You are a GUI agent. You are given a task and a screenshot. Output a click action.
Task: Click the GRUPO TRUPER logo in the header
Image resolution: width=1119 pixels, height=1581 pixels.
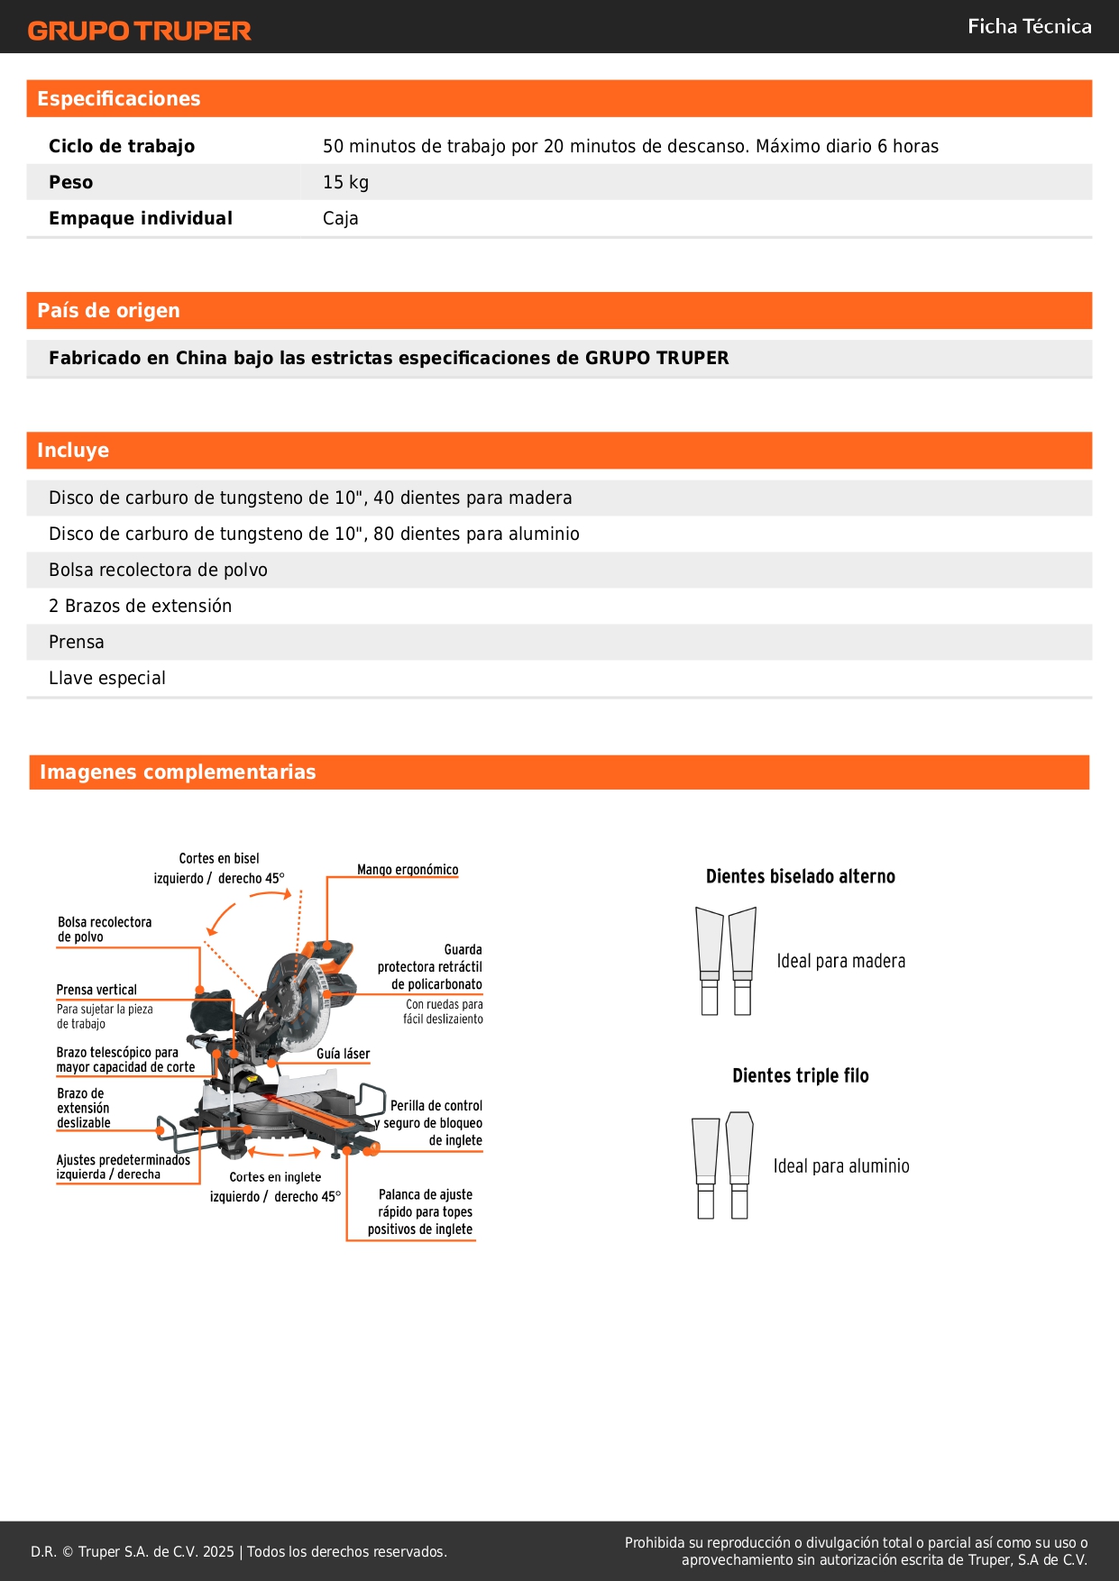(x=139, y=31)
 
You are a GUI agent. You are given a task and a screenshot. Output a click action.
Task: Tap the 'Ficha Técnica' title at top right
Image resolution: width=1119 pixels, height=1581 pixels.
(x=1029, y=27)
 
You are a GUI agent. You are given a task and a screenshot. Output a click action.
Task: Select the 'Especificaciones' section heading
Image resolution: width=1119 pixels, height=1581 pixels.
(x=119, y=99)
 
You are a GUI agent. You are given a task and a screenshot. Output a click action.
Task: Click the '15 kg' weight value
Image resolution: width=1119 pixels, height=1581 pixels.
(x=345, y=182)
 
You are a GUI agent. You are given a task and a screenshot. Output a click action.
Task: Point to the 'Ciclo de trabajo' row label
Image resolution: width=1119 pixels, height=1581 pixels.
(x=122, y=146)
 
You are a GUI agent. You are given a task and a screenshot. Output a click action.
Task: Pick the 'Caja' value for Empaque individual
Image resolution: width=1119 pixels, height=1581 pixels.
(x=340, y=218)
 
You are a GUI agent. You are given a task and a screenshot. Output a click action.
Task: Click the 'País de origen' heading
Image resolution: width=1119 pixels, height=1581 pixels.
(x=108, y=311)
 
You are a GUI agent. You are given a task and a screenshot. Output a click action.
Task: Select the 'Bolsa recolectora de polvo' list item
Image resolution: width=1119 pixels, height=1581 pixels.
(x=158, y=570)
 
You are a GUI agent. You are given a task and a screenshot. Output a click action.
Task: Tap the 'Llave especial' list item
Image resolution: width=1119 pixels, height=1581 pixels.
(x=107, y=678)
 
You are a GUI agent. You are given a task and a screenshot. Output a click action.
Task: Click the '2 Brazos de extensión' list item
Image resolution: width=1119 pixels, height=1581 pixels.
(x=140, y=606)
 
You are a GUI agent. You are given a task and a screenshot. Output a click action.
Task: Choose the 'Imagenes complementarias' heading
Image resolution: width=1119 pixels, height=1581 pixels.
(x=178, y=772)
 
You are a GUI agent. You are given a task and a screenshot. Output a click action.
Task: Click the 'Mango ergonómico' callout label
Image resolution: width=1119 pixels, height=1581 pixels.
(x=408, y=870)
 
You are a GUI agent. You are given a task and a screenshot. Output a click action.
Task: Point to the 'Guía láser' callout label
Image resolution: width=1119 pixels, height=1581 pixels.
(x=343, y=1054)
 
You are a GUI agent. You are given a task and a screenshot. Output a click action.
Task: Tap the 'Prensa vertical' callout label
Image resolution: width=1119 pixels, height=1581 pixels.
(x=96, y=990)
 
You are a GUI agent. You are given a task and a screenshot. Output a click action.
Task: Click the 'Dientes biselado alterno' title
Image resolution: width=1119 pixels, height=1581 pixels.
(x=800, y=876)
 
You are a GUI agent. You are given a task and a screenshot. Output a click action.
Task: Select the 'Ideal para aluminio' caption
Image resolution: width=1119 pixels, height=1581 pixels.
(x=840, y=1166)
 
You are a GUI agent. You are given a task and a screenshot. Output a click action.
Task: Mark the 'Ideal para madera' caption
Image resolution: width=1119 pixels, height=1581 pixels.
(x=840, y=961)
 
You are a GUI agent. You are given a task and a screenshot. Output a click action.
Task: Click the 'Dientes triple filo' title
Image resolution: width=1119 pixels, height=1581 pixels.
(x=800, y=1075)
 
